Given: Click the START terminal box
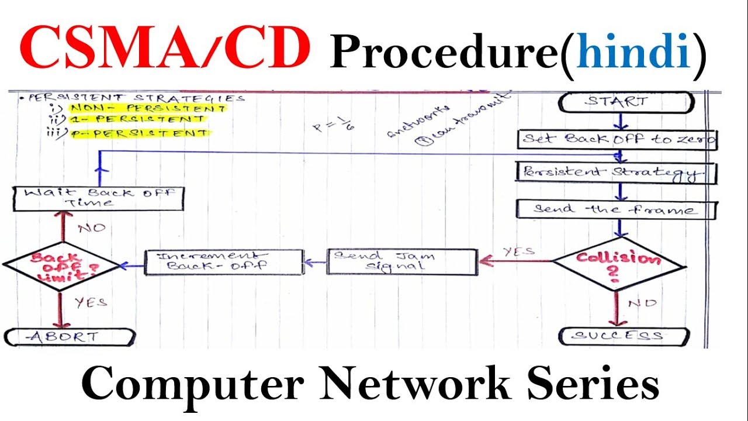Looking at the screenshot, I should pos(626,102).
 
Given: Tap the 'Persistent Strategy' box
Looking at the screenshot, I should pos(617,173).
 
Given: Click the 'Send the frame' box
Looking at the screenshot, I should pos(615,209).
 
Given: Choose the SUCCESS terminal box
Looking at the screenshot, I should pos(624,336).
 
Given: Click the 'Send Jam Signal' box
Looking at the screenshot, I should pos(401,262).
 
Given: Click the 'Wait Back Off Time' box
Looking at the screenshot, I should pos(99,198).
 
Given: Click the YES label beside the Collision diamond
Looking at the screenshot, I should pos(518,251).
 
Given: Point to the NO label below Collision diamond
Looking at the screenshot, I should pos(642,303).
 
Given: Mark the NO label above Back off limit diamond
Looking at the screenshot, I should pos(91,227).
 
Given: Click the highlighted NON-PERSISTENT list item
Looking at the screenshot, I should pos(146,108).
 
